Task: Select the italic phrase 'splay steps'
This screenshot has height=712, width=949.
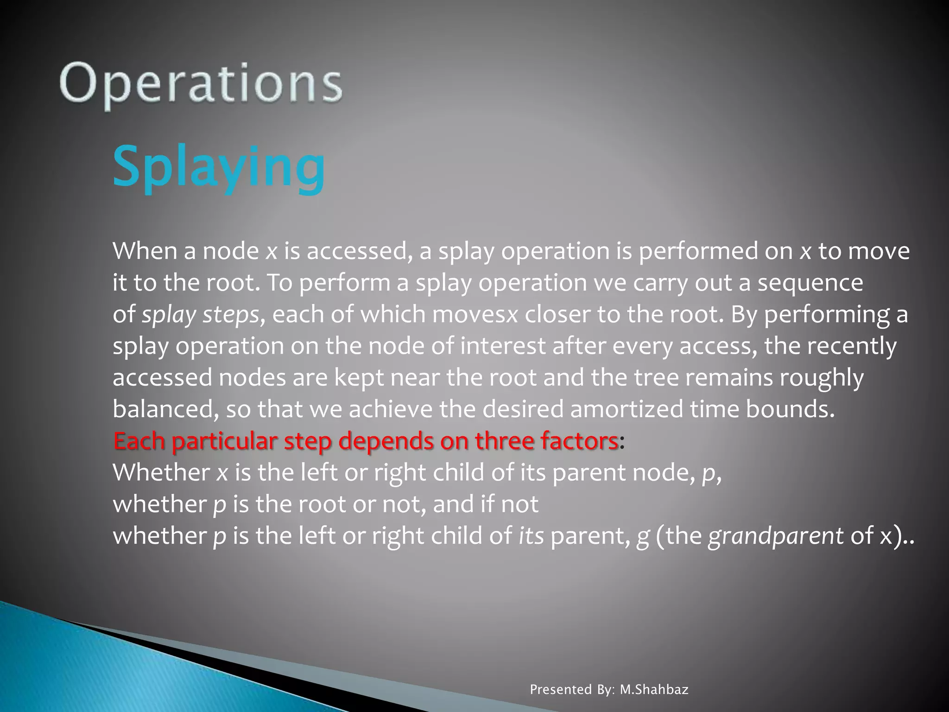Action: click(x=200, y=315)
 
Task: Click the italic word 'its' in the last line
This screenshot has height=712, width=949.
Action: click(x=531, y=536)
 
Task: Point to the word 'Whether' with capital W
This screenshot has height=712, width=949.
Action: click(x=161, y=473)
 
